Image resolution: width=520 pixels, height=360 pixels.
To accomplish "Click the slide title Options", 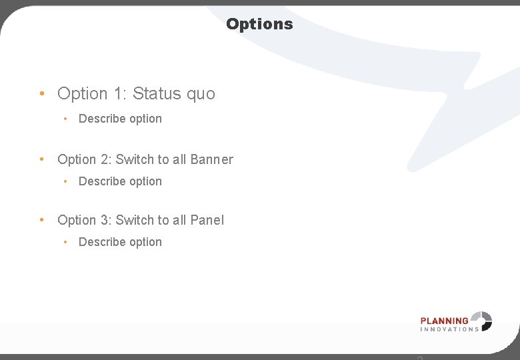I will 259,24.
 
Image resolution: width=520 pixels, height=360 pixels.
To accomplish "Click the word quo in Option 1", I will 201,94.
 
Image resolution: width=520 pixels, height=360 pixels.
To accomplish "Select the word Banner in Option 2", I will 211,159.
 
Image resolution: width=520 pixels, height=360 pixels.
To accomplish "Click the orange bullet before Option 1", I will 42,93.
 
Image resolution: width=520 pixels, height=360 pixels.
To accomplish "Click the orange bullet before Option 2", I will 42,159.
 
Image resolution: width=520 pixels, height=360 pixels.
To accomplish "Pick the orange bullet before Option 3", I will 42,219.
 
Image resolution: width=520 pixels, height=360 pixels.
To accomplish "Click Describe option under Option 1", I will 120,119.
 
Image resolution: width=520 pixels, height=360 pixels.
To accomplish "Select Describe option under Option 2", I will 120,181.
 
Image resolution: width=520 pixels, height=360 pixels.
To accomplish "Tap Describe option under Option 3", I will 120,242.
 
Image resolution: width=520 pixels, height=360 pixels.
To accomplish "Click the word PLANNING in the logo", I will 445,320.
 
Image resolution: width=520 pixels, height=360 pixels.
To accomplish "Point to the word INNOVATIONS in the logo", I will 449,329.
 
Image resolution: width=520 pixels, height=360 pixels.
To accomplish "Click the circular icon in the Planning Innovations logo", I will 481,321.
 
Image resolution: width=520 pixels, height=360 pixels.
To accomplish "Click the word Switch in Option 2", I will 135,159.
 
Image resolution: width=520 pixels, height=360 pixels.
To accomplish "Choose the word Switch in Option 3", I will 135,220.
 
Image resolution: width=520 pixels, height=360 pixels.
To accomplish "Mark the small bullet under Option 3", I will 65,242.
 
